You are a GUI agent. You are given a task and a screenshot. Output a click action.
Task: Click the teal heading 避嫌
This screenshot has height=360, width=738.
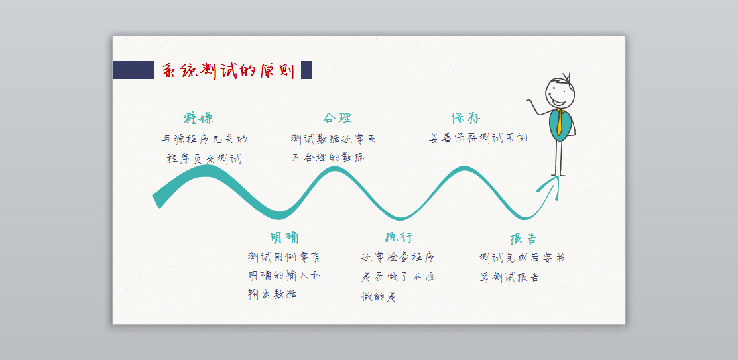(199, 119)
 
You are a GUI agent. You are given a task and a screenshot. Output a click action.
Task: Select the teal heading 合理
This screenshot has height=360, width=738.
(338, 119)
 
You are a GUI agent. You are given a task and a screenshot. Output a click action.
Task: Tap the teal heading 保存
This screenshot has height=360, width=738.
(465, 119)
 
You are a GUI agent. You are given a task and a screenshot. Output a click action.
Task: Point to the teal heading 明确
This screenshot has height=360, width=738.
(284, 238)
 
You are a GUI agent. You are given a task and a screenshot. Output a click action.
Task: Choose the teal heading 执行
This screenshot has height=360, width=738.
(399, 237)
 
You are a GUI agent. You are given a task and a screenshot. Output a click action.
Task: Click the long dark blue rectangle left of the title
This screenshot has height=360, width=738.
(133, 70)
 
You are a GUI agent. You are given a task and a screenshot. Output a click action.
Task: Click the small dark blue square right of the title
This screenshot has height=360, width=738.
(306, 70)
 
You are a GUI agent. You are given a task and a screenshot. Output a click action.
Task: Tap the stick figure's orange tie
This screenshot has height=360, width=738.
(560, 123)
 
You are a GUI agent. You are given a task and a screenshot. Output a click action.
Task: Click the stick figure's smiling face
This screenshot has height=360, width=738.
(560, 93)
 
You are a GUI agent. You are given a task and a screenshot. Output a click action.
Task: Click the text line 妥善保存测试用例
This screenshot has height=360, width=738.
(478, 138)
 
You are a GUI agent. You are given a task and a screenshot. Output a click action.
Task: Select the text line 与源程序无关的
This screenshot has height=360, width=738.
(204, 139)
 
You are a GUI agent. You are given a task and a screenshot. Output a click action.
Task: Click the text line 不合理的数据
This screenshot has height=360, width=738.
(328, 158)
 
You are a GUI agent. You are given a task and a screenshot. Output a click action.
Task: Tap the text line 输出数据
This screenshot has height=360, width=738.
(273, 294)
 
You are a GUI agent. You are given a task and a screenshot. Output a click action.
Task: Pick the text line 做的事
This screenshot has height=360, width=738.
(379, 297)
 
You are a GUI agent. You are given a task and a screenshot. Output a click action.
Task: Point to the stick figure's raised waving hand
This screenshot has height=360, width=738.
(530, 103)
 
